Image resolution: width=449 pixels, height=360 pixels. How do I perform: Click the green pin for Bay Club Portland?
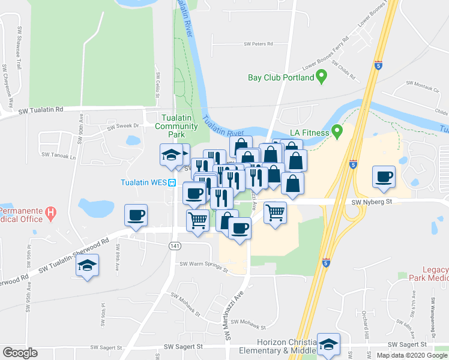click(321, 77)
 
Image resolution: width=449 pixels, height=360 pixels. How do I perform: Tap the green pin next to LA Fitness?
click(337, 131)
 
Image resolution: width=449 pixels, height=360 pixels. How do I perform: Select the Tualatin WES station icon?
click(172, 184)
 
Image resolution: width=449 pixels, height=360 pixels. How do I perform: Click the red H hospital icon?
click(51, 212)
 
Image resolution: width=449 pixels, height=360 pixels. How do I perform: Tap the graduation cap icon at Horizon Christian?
click(328, 344)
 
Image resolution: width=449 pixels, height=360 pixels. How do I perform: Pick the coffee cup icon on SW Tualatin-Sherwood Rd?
click(136, 215)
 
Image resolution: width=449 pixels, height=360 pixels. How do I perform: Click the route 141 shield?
click(174, 246)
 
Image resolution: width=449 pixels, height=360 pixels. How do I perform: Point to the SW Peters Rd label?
click(258, 44)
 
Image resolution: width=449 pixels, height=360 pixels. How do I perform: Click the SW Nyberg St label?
click(372, 202)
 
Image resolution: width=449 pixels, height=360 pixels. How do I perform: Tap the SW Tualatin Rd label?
click(41, 110)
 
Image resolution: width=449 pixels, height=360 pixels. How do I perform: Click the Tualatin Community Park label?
click(176, 122)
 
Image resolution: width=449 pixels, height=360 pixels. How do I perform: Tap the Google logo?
click(20, 353)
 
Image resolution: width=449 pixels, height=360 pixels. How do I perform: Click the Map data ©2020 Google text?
click(412, 355)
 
